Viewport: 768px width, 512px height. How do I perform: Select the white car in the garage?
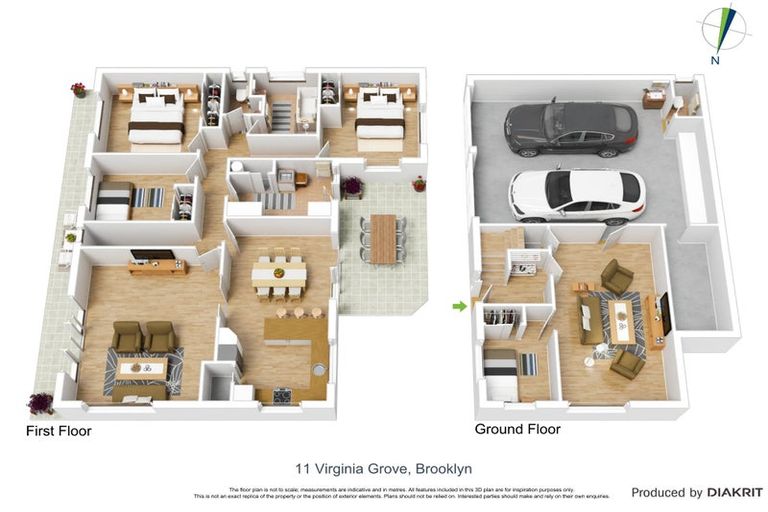coord(577,194)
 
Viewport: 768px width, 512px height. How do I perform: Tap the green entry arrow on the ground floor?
coord(460,306)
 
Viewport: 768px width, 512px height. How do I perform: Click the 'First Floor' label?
coord(58,432)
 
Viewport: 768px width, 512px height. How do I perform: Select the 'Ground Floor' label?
coord(517,429)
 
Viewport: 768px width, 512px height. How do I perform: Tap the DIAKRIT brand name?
coord(735,493)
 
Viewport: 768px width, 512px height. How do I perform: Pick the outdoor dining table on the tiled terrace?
coord(383,238)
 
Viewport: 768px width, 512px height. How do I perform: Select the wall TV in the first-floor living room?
coord(152,255)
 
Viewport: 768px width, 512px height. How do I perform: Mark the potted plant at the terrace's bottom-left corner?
coord(41,403)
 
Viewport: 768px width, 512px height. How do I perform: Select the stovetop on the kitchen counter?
coord(280,395)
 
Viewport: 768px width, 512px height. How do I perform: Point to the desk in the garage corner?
coord(654,99)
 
